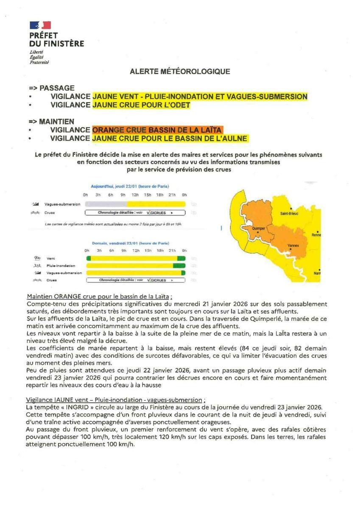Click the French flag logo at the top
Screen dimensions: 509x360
click(x=40, y=25)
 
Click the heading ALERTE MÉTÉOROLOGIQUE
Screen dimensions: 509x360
click(x=180, y=72)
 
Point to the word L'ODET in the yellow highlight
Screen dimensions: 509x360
click(x=177, y=105)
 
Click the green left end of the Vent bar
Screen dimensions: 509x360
click(x=88, y=258)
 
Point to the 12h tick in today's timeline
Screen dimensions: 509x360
click(x=135, y=195)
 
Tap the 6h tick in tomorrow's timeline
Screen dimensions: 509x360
click(x=112, y=251)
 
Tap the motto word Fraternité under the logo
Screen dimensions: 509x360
click(x=39, y=62)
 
